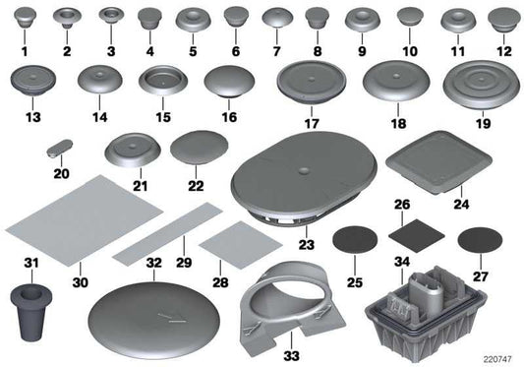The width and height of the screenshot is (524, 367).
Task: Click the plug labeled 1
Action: (25, 19)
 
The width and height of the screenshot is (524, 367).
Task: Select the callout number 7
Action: (276, 51)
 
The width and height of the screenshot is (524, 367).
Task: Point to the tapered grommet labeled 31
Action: (31, 312)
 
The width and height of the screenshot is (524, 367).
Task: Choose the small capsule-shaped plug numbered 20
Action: (60, 149)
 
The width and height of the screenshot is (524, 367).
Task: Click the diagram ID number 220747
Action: (497, 359)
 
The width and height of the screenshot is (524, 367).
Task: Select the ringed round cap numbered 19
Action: (482, 84)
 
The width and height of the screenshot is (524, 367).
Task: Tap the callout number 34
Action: (402, 262)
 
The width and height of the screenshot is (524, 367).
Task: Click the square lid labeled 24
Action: (438, 162)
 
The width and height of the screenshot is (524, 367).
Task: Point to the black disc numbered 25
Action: (355, 240)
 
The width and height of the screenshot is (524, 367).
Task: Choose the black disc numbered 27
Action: (480, 240)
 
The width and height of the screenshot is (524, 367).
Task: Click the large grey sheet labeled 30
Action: (85, 221)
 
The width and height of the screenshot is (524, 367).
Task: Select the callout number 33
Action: (291, 356)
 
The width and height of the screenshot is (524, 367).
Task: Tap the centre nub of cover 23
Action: (304, 170)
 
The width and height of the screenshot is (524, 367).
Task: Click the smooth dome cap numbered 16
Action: (229, 82)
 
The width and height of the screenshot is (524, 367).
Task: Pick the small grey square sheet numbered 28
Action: (241, 245)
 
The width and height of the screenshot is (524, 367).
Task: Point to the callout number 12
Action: (504, 51)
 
